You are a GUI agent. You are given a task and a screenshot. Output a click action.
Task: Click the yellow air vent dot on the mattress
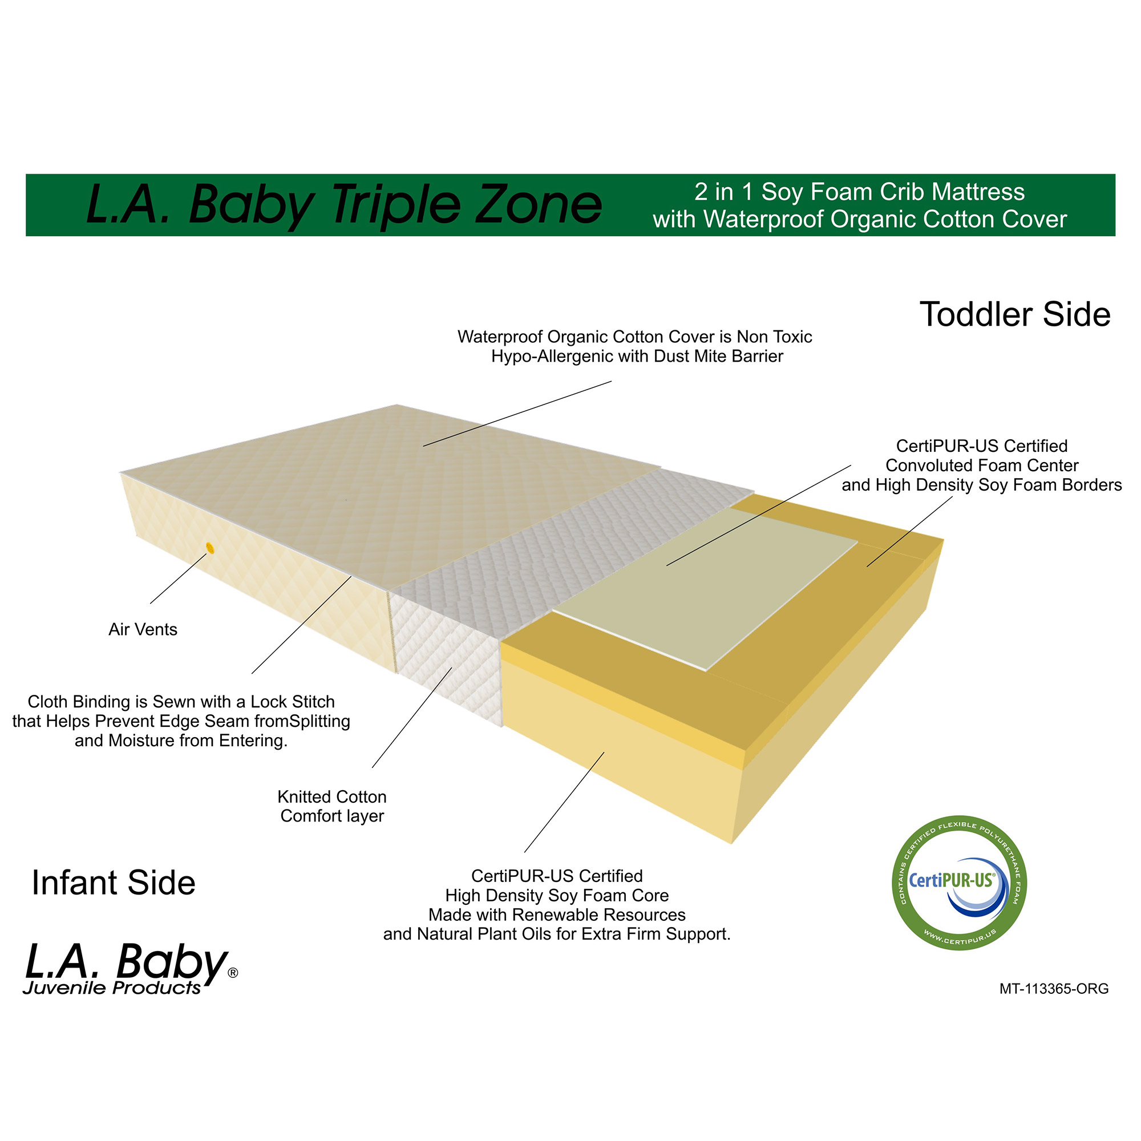(x=209, y=549)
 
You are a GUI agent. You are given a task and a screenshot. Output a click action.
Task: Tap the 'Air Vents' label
(x=143, y=630)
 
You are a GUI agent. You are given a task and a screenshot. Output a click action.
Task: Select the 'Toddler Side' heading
(x=1014, y=314)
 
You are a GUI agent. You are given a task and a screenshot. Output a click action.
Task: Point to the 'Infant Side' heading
(x=114, y=883)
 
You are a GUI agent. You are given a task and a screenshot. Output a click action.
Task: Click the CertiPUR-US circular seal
(x=959, y=883)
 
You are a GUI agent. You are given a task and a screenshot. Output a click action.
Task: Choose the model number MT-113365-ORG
(x=1054, y=989)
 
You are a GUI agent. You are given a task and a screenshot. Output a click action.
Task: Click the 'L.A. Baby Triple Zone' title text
(x=343, y=205)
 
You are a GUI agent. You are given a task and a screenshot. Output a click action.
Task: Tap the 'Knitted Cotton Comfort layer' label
(x=332, y=806)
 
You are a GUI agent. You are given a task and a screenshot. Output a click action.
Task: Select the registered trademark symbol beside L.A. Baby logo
(x=233, y=973)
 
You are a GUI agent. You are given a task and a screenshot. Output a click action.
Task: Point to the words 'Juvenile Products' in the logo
(x=112, y=988)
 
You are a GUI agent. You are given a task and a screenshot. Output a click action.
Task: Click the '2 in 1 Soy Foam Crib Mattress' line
(x=859, y=192)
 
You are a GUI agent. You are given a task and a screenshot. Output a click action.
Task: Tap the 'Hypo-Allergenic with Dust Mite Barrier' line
(x=637, y=356)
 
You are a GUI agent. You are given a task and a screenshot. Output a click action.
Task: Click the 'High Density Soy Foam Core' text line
(x=556, y=895)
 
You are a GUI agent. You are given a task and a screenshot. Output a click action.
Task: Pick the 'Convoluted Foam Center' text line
(x=981, y=466)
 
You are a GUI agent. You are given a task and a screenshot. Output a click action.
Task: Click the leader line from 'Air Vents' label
(x=179, y=578)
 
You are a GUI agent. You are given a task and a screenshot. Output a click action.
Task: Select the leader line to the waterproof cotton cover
(x=517, y=414)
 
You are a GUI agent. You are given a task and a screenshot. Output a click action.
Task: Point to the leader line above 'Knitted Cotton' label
(x=412, y=718)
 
